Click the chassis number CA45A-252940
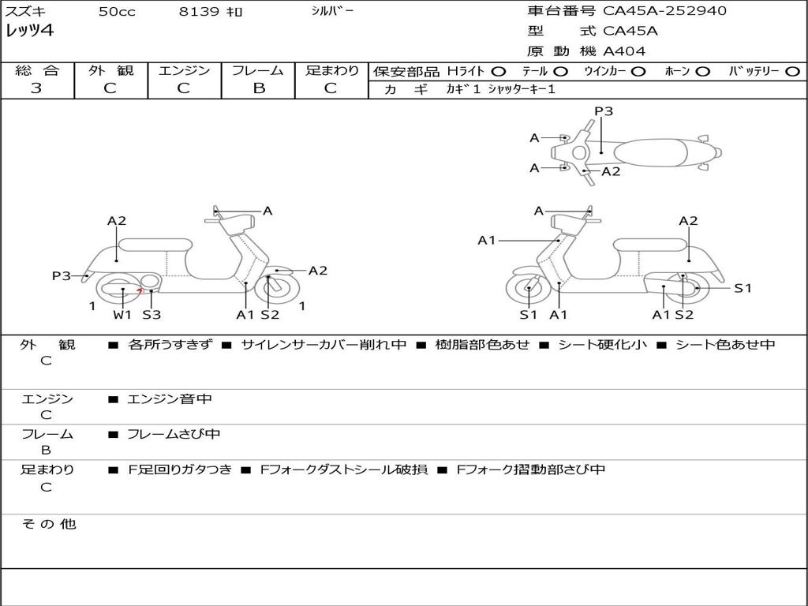[664, 11]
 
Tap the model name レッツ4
[29, 32]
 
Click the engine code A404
[624, 51]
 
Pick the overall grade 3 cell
[36, 88]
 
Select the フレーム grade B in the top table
[258, 88]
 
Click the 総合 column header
[37, 70]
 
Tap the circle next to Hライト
[499, 71]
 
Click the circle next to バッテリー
[792, 71]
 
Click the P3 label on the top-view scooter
[604, 111]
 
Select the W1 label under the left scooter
[122, 315]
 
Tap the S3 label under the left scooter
[151, 315]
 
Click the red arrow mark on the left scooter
[140, 291]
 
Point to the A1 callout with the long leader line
[487, 240]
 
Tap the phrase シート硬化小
[602, 345]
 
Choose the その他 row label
[48, 524]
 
